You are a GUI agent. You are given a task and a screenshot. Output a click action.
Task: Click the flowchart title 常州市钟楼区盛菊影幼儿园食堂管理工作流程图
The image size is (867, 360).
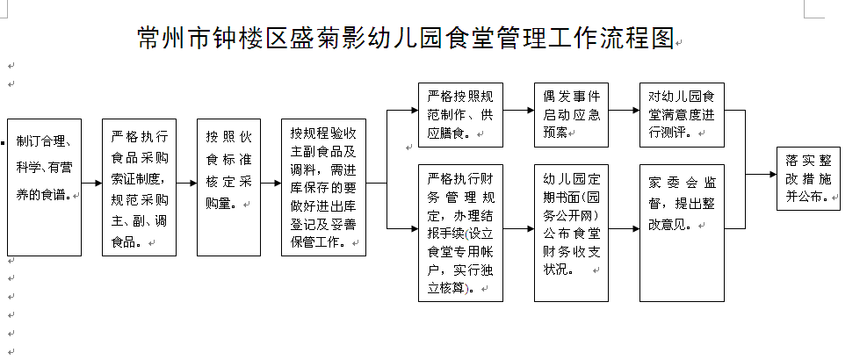tap(406, 38)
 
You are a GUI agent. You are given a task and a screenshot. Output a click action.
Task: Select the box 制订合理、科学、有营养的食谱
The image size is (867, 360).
tap(44, 188)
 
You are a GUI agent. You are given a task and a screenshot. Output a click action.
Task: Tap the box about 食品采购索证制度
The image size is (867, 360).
tap(140, 188)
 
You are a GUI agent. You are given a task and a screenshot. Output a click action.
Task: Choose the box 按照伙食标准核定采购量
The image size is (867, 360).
tap(229, 188)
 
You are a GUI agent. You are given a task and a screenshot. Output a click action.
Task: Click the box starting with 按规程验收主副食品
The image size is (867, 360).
tap(323, 188)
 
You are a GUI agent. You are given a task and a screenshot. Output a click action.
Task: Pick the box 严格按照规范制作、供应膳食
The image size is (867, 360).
tap(460, 115)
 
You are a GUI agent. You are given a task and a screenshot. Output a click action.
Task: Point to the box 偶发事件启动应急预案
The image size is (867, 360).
tap(571, 115)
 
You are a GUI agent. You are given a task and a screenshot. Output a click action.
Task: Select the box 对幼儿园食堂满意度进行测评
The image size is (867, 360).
tap(682, 115)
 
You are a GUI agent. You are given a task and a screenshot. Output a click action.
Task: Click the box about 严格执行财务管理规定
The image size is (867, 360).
tap(460, 233)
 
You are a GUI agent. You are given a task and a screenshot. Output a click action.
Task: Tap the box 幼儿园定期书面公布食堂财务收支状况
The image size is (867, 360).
tap(571, 233)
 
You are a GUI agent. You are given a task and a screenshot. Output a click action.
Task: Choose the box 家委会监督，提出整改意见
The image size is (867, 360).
tap(682, 233)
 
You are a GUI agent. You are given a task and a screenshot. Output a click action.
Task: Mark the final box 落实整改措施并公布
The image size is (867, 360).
tap(808, 178)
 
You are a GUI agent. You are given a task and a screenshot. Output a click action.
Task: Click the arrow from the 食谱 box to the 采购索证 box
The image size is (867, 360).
tap(91, 183)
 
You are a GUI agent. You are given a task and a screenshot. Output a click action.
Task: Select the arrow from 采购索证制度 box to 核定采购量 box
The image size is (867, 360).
tap(187, 183)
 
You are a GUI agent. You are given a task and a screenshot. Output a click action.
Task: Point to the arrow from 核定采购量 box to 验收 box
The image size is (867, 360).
tap(271, 183)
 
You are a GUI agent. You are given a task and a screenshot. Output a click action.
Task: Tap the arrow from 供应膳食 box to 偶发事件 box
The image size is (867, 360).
tap(518, 110)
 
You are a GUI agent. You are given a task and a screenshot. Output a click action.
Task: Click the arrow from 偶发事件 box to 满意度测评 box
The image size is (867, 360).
tap(625, 110)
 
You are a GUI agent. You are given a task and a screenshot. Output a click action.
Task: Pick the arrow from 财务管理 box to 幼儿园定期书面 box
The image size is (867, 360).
tap(518, 228)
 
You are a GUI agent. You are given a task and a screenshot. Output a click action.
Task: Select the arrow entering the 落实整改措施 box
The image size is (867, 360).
tap(761, 174)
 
